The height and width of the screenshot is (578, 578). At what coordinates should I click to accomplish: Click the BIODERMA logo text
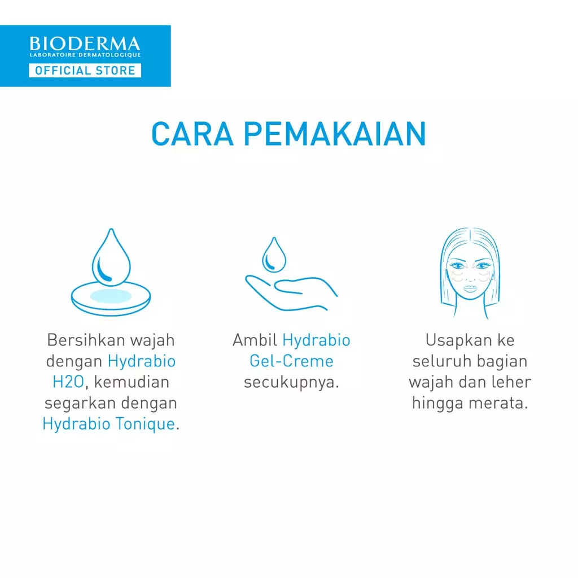click(85, 43)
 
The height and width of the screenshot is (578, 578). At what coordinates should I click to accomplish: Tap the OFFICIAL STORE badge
click(85, 71)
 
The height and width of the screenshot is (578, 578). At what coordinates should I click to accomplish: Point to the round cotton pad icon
click(111, 297)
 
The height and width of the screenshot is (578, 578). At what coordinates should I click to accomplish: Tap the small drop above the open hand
click(274, 255)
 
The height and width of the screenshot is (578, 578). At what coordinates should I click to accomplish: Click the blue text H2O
click(68, 382)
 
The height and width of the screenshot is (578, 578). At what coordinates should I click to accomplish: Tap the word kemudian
click(132, 382)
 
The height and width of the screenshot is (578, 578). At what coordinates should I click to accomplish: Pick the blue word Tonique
click(148, 424)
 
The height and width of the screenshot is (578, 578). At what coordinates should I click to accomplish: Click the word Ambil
click(255, 340)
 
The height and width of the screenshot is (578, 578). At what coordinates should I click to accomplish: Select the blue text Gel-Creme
click(291, 361)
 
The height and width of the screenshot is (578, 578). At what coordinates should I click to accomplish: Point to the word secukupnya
click(291, 382)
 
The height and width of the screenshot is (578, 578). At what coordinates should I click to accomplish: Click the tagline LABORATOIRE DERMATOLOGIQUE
click(85, 55)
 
